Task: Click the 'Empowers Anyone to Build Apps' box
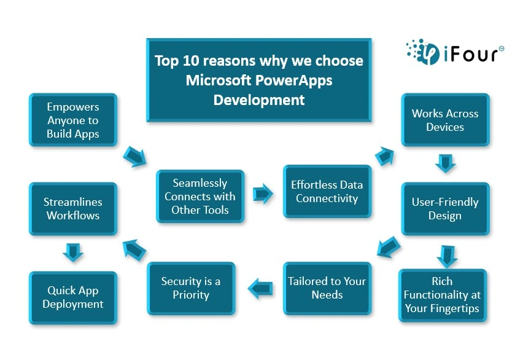(73, 120)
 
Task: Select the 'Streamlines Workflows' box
(73, 209)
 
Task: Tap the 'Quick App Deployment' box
(73, 297)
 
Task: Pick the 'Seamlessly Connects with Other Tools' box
(200, 197)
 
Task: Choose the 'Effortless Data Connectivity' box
(327, 191)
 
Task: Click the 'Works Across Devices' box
(445, 120)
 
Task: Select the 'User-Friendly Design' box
(445, 209)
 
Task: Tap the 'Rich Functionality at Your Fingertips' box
(443, 295)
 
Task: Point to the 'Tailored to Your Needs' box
(327, 288)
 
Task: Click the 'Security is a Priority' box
(191, 288)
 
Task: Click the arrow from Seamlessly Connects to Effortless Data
(263, 194)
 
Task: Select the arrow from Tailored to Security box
(260, 289)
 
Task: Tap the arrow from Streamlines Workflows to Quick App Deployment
(73, 252)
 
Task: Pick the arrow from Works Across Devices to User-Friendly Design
(446, 163)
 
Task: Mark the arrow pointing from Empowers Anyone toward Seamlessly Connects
(135, 156)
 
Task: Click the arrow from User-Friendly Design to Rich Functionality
(447, 256)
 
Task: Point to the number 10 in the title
(190, 61)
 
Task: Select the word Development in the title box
(259, 100)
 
